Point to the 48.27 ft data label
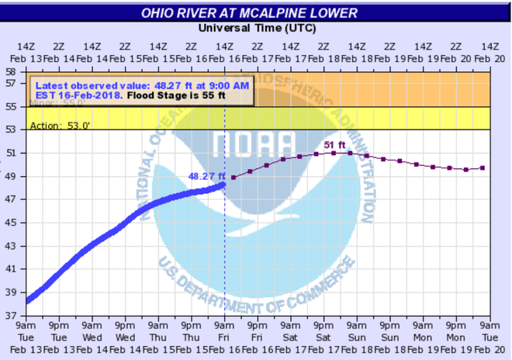click(x=206, y=176)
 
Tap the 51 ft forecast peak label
click(x=331, y=144)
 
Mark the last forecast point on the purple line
click(x=483, y=168)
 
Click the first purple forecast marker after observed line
click(x=234, y=177)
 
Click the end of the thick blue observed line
click(x=224, y=184)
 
